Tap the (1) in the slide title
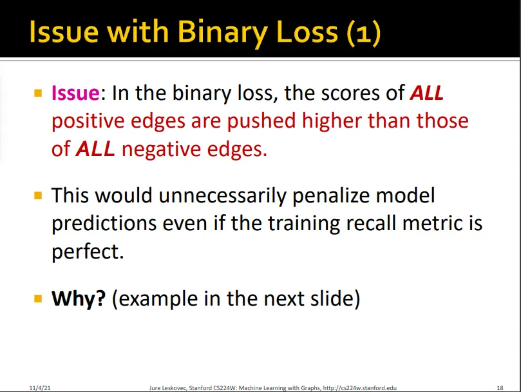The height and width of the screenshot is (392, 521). pyautogui.click(x=364, y=33)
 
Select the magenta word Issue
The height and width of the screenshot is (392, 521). pyautogui.click(x=75, y=93)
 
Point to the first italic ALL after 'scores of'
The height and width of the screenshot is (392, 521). pyautogui.click(x=427, y=93)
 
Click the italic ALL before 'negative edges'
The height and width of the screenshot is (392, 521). pyautogui.click(x=96, y=149)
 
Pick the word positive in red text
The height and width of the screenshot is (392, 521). pyautogui.click(x=88, y=121)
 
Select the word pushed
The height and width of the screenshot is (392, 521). pyautogui.click(x=261, y=121)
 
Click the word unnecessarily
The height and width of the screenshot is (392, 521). pyautogui.click(x=222, y=195)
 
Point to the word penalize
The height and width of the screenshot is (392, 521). pyautogui.click(x=331, y=195)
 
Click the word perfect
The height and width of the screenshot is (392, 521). pyautogui.click(x=88, y=251)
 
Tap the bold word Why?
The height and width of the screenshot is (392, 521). pyautogui.click(x=79, y=298)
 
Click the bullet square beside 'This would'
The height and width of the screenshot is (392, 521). pyautogui.click(x=38, y=195)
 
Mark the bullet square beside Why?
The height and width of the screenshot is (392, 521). pyautogui.click(x=38, y=298)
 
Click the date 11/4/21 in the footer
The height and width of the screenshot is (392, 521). pyautogui.click(x=40, y=387)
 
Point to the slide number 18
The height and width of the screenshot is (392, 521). pyautogui.click(x=500, y=387)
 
